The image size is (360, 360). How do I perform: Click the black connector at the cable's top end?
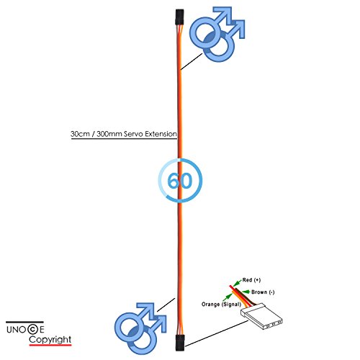(x=179, y=17)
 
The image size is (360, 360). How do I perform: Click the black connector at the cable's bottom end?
(x=180, y=343)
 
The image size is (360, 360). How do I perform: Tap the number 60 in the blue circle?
(x=180, y=181)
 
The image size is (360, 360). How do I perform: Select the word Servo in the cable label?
(x=133, y=134)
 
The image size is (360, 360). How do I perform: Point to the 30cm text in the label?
(x=80, y=134)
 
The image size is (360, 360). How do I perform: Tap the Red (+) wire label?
(x=251, y=280)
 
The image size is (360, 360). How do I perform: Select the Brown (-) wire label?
(x=263, y=292)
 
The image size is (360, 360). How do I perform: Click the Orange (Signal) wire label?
(x=221, y=305)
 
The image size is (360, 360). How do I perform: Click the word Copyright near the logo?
(x=50, y=340)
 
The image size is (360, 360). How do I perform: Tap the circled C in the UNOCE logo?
(x=32, y=329)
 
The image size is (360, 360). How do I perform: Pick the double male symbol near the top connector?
(x=217, y=34)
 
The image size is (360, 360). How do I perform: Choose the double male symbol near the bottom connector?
(x=140, y=328)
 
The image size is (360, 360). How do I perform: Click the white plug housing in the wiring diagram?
(x=261, y=317)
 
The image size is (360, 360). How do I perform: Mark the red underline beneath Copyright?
(x=50, y=345)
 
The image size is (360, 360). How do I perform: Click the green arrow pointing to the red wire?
(x=238, y=282)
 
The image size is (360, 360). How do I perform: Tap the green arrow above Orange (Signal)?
(x=228, y=297)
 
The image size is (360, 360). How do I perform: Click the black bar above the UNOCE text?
(x=24, y=322)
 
